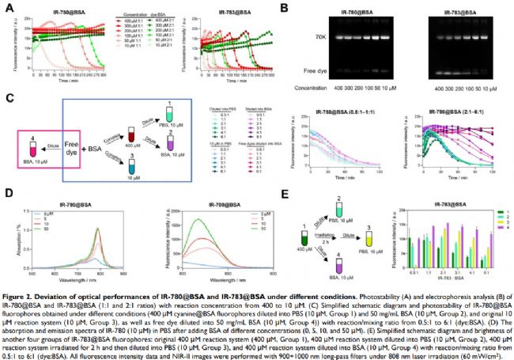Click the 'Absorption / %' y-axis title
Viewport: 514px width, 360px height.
pos(21,237)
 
